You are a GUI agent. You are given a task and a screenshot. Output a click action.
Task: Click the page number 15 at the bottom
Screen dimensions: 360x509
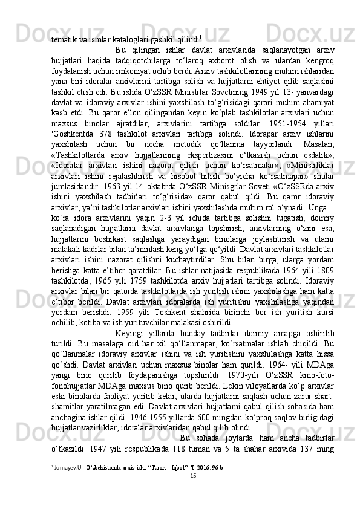pyautogui.click(x=194, y=493)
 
